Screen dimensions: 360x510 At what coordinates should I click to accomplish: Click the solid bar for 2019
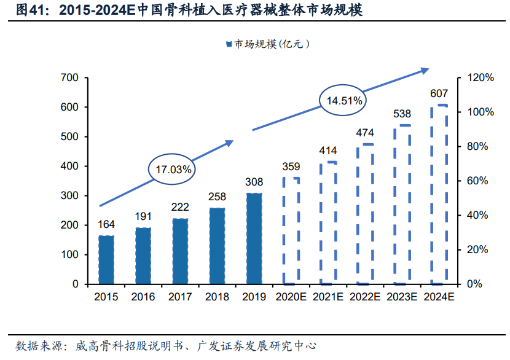coord(254,238)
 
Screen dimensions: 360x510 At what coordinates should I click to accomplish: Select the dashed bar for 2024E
coord(439,195)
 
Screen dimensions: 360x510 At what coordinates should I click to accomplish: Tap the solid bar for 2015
coord(106,260)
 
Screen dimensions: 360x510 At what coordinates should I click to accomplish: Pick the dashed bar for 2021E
coord(328,223)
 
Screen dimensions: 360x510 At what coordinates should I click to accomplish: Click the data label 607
coord(439,94)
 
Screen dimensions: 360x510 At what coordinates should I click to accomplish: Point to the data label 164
coord(106,225)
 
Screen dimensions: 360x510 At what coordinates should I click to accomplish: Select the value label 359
coord(291,166)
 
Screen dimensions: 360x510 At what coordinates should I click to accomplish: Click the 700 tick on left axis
coord(71,78)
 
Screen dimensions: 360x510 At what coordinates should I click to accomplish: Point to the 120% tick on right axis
coord(476,78)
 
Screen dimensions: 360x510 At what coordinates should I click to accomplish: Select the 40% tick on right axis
coord(476,216)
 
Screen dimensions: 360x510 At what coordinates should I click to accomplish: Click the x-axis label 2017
coord(180,297)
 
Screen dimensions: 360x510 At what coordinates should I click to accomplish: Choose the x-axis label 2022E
coord(365,297)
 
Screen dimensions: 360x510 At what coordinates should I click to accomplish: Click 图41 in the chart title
coord(28,10)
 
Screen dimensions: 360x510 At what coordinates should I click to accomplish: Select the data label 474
coord(365,133)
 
